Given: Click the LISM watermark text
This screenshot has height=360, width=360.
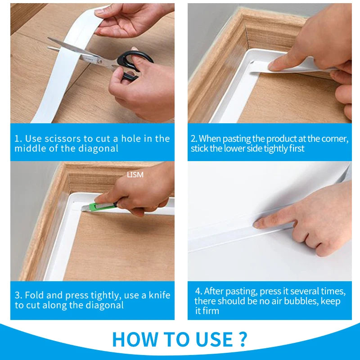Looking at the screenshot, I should [135, 175].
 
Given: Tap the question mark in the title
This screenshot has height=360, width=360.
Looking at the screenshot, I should [242, 339].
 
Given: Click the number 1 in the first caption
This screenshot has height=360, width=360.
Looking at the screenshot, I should [17, 139].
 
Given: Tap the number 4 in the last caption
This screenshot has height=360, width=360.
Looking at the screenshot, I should [198, 291].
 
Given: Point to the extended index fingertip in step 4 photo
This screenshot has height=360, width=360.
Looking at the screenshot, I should [256, 223].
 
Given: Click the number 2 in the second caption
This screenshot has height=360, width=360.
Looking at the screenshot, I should [193, 139].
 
